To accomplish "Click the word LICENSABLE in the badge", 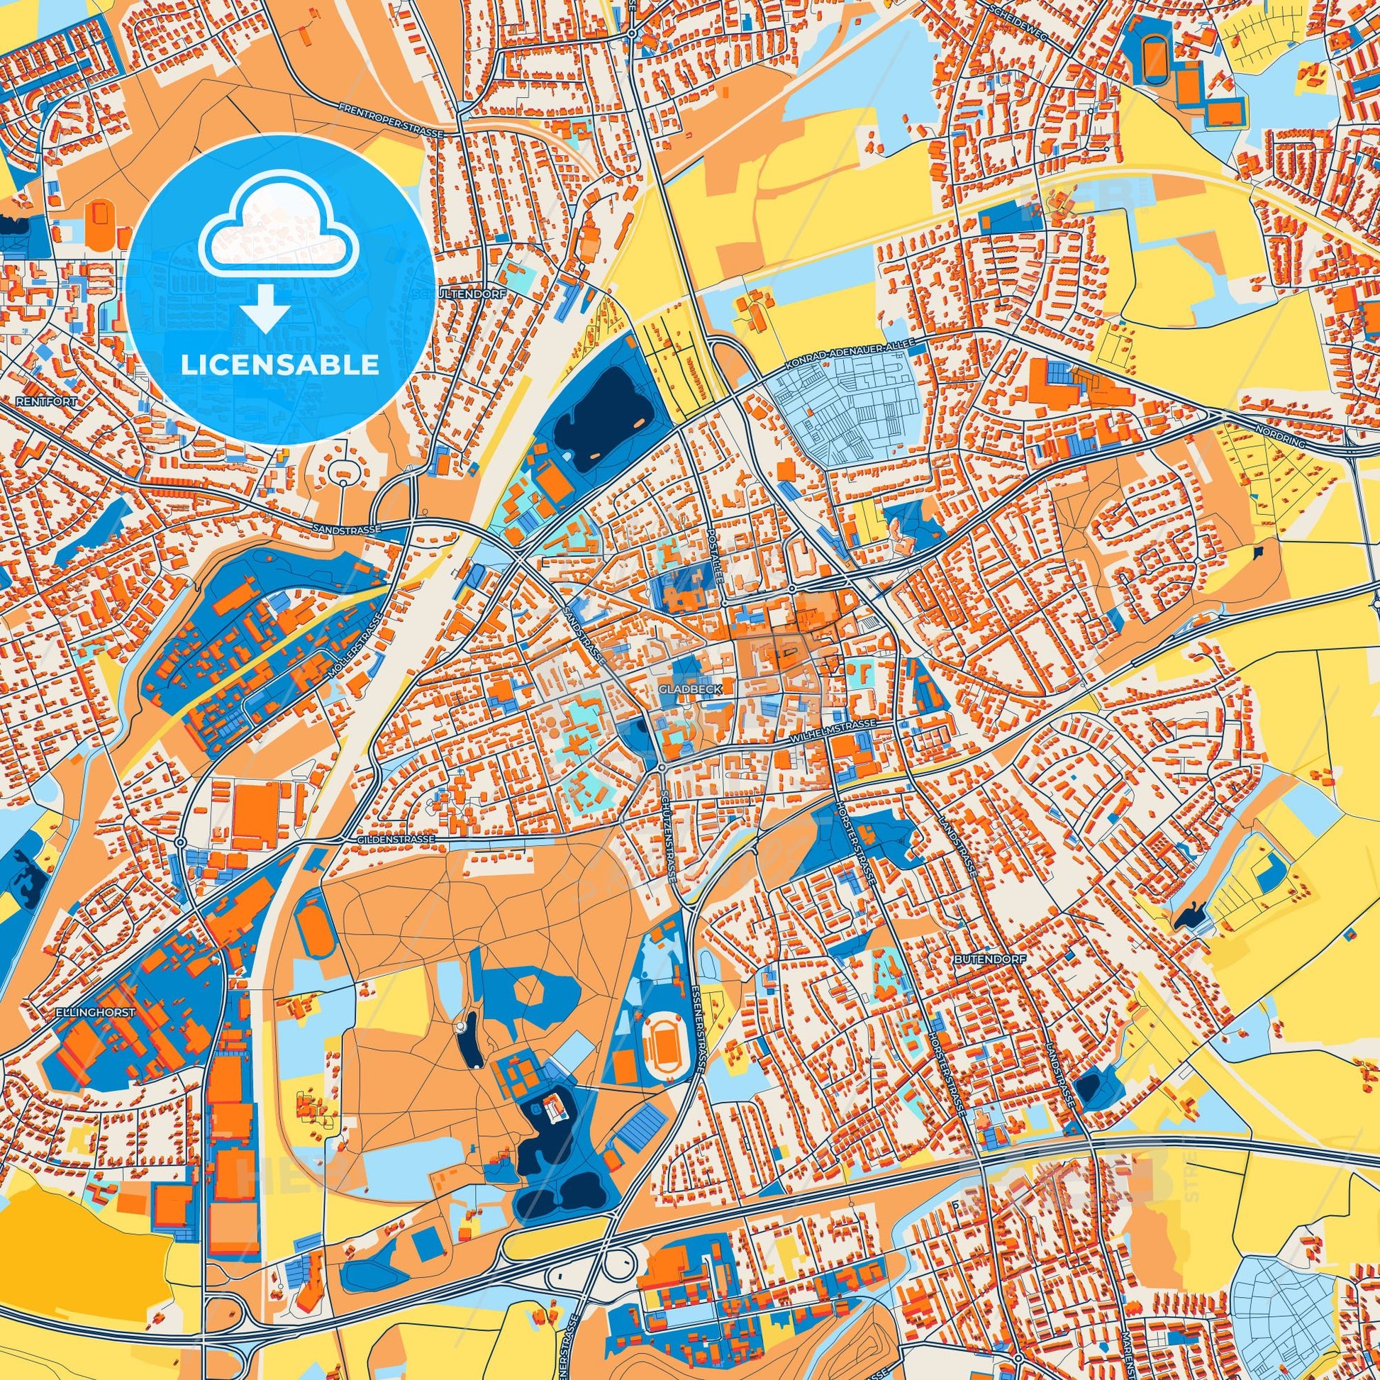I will (280, 365).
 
